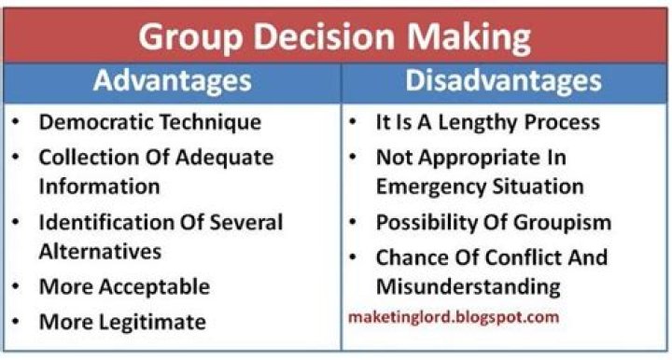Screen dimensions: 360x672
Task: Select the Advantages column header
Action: coord(172,82)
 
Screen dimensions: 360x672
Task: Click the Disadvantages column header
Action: coord(503,82)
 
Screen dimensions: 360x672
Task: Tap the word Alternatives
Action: coord(100,251)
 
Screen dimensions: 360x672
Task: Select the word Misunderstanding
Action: coord(468,284)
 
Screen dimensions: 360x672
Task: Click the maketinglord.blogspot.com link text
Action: coord(453,317)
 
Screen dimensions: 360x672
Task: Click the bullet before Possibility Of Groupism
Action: coord(356,223)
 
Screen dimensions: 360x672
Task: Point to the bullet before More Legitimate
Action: coord(19,323)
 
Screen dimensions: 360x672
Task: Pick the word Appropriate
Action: coord(477,156)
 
